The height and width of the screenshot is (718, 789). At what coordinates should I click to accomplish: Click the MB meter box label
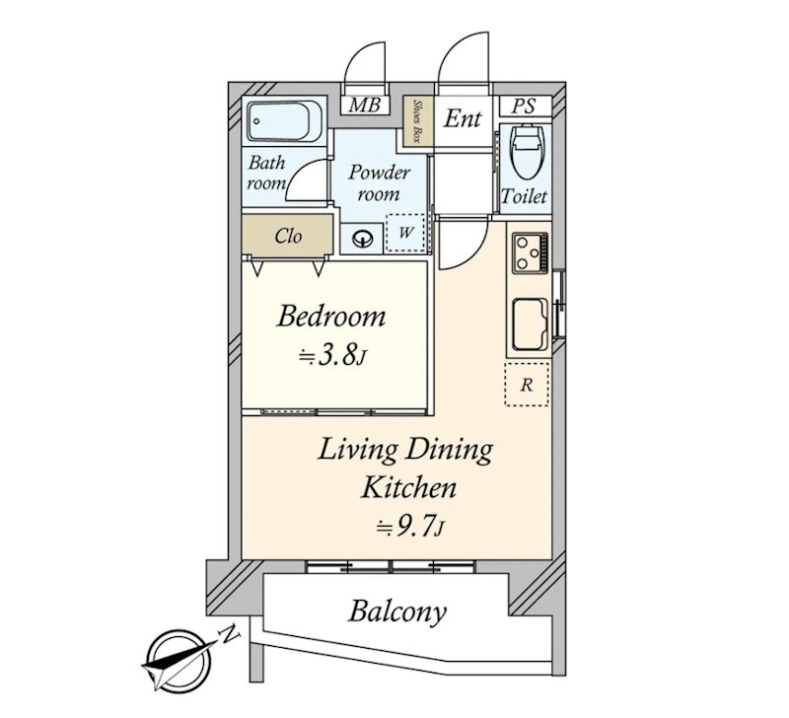pos(364,106)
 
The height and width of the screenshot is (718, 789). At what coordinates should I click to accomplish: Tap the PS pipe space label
pos(525,107)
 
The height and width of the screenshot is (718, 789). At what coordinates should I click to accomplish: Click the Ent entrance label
pos(463,119)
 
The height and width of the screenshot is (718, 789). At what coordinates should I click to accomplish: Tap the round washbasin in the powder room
pos(362,238)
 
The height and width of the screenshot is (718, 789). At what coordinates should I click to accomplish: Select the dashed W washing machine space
pos(406,233)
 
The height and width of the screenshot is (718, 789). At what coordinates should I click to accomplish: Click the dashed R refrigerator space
pos(527,385)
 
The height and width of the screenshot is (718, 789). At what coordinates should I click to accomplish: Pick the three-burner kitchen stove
pos(530,252)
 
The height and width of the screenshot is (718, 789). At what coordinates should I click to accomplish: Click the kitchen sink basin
pos(530,324)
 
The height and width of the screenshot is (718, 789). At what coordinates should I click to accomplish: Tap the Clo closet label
pos(288,236)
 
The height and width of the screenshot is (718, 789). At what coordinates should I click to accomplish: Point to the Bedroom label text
pos(331,317)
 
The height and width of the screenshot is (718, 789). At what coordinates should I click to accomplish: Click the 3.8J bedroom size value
pos(332,356)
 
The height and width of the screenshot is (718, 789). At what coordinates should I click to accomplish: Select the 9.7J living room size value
pos(410,527)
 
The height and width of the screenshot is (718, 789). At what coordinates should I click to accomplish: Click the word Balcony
pos(397,612)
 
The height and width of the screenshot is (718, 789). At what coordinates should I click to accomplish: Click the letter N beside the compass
pos(230,633)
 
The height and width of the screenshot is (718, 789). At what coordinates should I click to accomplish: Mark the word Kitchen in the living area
pos(409,487)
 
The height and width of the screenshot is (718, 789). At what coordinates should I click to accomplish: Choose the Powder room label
pos(379,182)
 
